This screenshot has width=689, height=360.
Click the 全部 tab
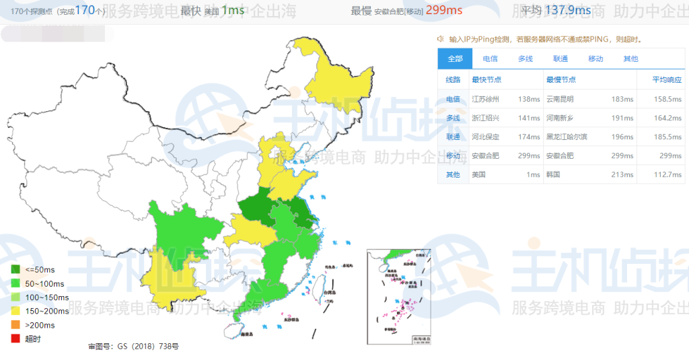coord(455,59)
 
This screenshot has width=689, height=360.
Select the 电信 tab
coord(491,59)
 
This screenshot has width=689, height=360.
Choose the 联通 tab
coord(560,59)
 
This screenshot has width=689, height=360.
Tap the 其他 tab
coord(630,59)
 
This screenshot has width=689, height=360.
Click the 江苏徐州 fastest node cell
coord(485,99)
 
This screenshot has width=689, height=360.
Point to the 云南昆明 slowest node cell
coord(560,99)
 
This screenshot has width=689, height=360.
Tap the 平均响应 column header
coord(667,79)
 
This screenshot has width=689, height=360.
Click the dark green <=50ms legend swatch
coord(15,269)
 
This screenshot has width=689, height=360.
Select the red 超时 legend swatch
coord(15,339)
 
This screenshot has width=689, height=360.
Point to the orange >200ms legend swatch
coord(15,325)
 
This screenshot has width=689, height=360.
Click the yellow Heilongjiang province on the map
coord(343,81)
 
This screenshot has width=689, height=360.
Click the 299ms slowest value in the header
coord(445,10)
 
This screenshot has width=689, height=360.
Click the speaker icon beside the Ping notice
coord(441,39)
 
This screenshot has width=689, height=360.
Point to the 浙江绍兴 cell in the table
coord(485,118)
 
